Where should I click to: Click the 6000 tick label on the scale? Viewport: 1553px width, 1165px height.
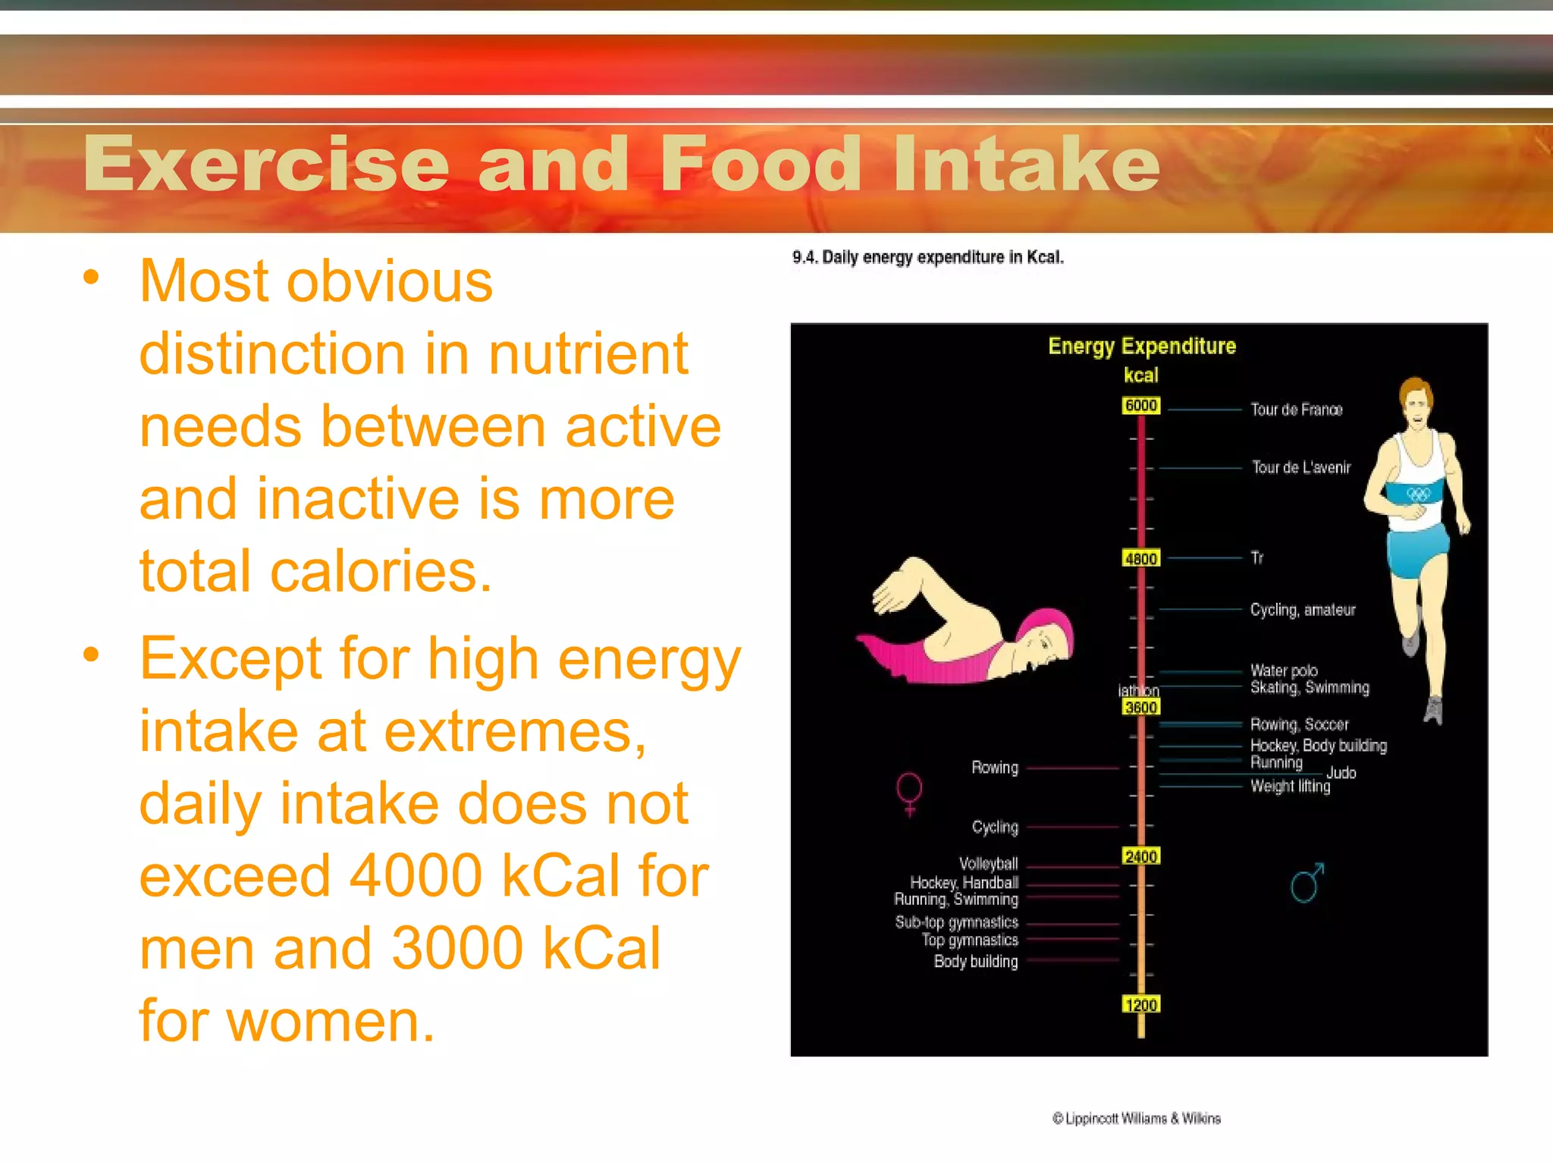click(1140, 406)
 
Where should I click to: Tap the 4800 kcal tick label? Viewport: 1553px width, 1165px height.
click(1140, 559)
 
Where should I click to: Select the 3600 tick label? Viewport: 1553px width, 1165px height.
click(1140, 708)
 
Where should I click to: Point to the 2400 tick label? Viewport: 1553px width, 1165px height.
click(1140, 857)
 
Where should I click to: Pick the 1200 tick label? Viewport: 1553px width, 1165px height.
click(1140, 1006)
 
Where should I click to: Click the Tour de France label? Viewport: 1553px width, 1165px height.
click(1296, 410)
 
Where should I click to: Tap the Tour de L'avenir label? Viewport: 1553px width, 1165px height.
click(1301, 467)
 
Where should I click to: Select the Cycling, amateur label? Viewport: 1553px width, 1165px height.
click(1302, 610)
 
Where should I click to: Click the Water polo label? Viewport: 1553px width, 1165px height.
click(1284, 670)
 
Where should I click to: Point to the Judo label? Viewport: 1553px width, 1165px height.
click(1341, 773)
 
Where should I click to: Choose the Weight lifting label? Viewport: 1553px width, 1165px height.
click(1290, 787)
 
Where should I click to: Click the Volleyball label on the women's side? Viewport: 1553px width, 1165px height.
click(988, 863)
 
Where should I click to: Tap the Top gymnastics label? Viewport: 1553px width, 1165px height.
click(970, 940)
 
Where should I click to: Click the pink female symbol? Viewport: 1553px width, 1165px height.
click(909, 793)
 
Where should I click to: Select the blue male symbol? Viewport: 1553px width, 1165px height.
click(1307, 883)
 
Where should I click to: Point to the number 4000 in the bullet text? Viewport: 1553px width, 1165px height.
click(416, 876)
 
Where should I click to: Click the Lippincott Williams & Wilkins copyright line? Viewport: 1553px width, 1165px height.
click(1136, 1119)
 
